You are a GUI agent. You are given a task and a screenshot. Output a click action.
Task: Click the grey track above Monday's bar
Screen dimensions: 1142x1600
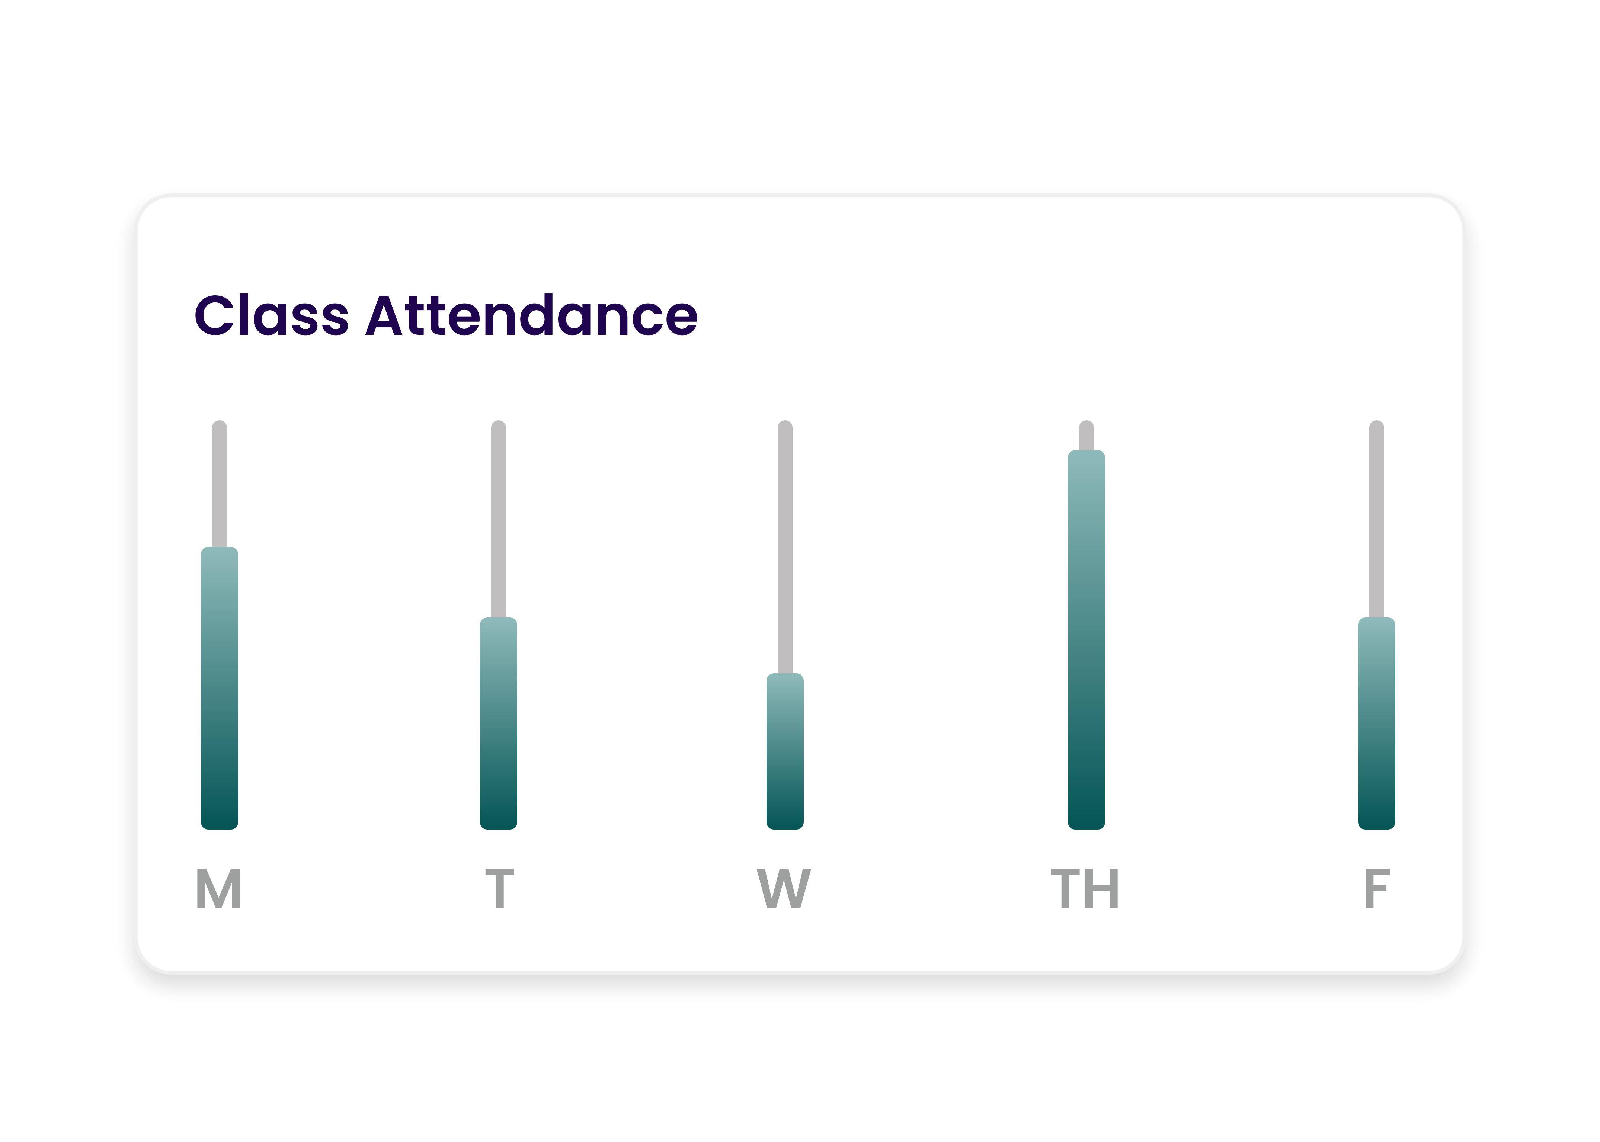pos(220,485)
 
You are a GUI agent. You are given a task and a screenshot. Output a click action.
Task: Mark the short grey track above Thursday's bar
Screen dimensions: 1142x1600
pos(1086,436)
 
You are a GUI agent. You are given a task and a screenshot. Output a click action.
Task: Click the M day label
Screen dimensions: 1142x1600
pos(219,888)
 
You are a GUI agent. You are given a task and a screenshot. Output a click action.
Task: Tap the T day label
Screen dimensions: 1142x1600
pos(499,888)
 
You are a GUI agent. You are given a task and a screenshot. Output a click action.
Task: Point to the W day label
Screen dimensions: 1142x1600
pos(784,888)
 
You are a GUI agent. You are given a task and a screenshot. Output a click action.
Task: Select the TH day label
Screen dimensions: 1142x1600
pos(1085,888)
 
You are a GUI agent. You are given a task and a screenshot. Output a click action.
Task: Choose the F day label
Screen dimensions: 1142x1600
pos(1376,888)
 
